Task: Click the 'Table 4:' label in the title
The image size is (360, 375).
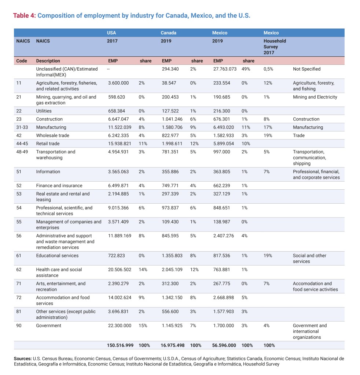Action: click(25, 16)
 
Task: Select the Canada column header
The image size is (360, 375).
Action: click(168, 33)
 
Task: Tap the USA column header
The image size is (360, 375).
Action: click(111, 33)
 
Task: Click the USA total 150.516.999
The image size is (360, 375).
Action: click(120, 345)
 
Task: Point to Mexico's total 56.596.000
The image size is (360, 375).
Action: click(224, 345)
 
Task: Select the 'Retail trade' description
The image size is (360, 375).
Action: click(48, 144)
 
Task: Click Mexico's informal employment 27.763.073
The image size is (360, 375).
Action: click(225, 69)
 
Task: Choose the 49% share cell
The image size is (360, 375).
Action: click(246, 69)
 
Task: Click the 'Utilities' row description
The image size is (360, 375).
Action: click(44, 111)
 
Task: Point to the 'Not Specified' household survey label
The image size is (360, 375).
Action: click(306, 69)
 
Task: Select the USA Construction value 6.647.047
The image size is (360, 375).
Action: click(118, 119)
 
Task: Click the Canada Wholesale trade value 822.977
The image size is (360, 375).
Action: click(170, 135)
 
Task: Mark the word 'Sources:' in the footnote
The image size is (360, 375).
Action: click(22, 359)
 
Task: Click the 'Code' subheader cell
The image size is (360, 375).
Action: click(22, 61)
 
